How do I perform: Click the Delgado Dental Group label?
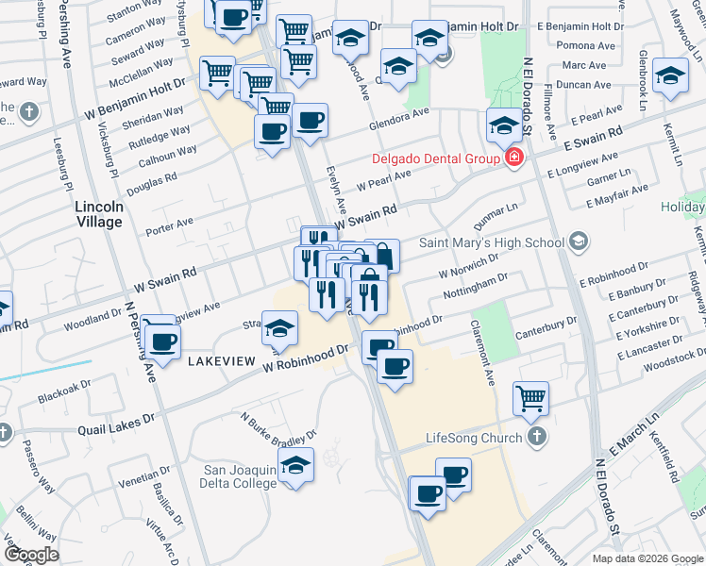(435, 158)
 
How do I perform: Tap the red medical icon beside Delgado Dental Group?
(513, 158)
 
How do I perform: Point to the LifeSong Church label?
(474, 438)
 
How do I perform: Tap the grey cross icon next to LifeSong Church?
(536, 437)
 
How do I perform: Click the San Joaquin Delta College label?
(241, 476)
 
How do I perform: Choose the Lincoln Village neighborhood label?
(99, 214)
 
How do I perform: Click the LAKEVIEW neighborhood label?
(223, 361)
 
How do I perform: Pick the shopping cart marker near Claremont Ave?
(531, 398)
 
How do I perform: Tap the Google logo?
(31, 555)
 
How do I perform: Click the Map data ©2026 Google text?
(647, 558)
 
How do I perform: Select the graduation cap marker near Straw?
(279, 329)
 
